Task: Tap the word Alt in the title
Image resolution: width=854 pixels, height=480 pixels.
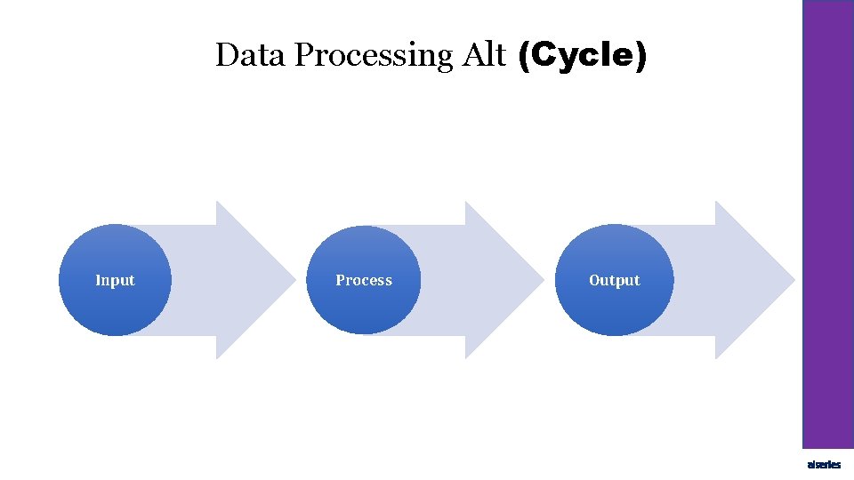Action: pyautogui.click(x=484, y=55)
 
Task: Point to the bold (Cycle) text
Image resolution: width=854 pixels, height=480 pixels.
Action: pyautogui.click(x=582, y=56)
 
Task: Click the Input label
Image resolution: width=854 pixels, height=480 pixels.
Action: pyautogui.click(x=115, y=280)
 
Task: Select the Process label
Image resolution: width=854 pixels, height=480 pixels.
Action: pyautogui.click(x=363, y=280)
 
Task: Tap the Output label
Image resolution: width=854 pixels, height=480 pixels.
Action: pyautogui.click(x=614, y=280)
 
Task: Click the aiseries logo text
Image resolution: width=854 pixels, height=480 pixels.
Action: pyautogui.click(x=824, y=465)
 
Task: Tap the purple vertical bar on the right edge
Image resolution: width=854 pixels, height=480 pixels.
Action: pyautogui.click(x=828, y=222)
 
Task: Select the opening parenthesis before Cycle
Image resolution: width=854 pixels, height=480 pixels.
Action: pyautogui.click(x=522, y=57)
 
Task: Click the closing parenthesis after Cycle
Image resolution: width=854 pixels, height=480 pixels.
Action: pyautogui.click(x=641, y=57)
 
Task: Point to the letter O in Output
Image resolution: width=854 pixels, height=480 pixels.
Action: pyautogui.click(x=594, y=280)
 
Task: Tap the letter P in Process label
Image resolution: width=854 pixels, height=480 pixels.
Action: pyautogui.click(x=340, y=280)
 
